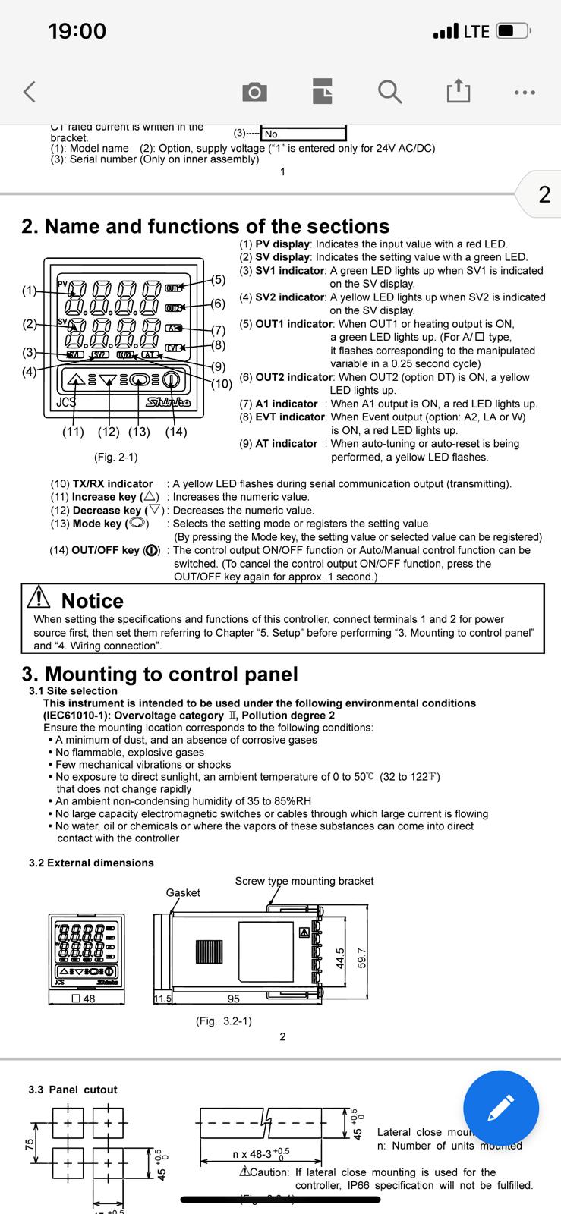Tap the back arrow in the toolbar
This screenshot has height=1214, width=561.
pyautogui.click(x=30, y=92)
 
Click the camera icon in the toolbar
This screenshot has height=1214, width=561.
pyautogui.click(x=254, y=93)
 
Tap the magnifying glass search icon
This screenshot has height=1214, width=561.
pyautogui.click(x=389, y=92)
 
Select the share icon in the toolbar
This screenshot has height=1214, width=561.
pyautogui.click(x=458, y=91)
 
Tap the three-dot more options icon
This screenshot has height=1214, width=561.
pyautogui.click(x=525, y=93)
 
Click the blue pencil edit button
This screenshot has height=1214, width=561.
pyautogui.click(x=501, y=1108)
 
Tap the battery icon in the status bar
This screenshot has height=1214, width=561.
pyautogui.click(x=515, y=31)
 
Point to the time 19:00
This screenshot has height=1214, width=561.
pyautogui.click(x=77, y=31)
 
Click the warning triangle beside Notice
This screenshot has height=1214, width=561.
pyautogui.click(x=39, y=599)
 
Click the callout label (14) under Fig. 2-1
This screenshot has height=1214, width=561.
pyautogui.click(x=176, y=432)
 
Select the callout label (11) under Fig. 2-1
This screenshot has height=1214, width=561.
pyautogui.click(x=73, y=432)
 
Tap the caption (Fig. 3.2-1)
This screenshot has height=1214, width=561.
pyautogui.click(x=224, y=1021)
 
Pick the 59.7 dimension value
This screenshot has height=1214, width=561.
pyautogui.click(x=362, y=958)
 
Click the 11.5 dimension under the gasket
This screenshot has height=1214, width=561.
pyautogui.click(x=162, y=999)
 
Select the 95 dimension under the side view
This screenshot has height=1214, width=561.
pyautogui.click(x=234, y=999)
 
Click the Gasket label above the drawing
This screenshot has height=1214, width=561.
pyautogui.click(x=183, y=892)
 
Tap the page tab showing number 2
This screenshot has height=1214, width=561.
pyautogui.click(x=544, y=194)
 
